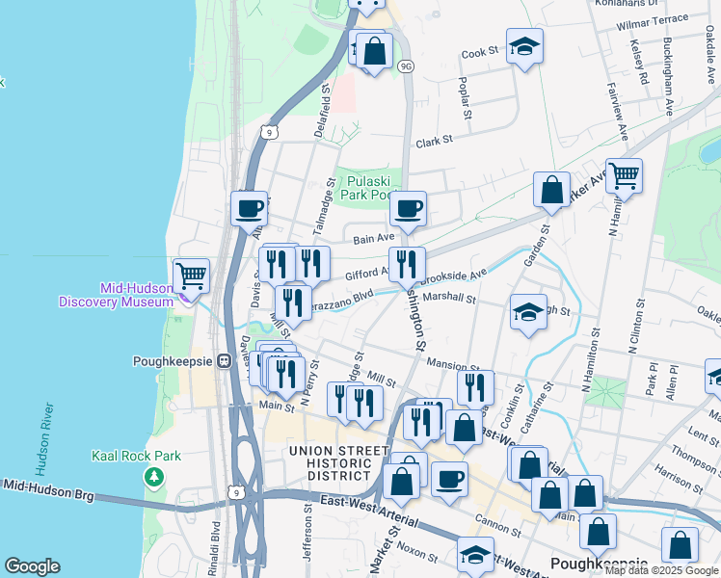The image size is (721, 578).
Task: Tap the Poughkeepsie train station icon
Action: click(x=225, y=361)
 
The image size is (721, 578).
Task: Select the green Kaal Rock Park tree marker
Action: click(x=152, y=477)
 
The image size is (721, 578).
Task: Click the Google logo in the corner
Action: click(x=32, y=566)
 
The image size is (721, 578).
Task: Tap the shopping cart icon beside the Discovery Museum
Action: click(x=191, y=276)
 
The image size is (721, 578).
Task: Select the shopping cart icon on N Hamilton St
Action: click(x=625, y=176)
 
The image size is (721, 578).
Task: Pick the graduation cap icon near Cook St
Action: click(x=524, y=46)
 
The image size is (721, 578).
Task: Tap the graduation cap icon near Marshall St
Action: click(x=527, y=312)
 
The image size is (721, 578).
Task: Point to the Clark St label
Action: click(x=434, y=142)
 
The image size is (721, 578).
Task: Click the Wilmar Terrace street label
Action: click(x=654, y=18)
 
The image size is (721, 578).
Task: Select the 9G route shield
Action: click(x=406, y=66)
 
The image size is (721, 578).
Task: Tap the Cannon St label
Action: click(x=497, y=527)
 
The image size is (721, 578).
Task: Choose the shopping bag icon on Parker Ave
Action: click(x=552, y=190)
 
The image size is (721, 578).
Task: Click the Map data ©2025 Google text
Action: click(x=661, y=570)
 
